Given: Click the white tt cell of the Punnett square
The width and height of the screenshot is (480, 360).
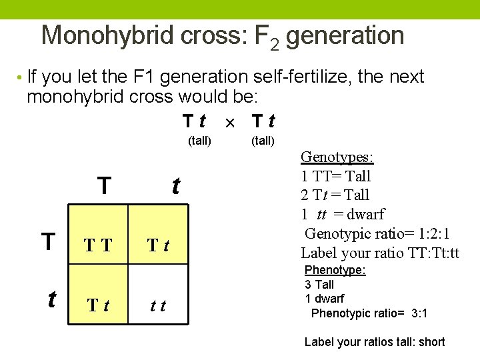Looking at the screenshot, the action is pos(159,306).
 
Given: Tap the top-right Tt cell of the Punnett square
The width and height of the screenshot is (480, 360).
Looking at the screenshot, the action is pos(159,246).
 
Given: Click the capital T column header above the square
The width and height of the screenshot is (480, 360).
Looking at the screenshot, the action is pos(104,185).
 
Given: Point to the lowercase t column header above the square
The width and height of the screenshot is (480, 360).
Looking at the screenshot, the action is pos(175,185).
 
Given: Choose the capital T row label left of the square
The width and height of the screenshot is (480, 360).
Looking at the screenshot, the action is pos(48,241).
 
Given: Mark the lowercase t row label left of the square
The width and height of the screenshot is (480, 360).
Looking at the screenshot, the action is pos(51,299).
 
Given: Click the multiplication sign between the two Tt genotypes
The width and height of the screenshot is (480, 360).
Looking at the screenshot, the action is pos(229,123).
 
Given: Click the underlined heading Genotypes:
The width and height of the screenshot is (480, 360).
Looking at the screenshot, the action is pos(337,157).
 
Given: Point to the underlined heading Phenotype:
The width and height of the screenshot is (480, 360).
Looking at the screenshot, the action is pos(335,270).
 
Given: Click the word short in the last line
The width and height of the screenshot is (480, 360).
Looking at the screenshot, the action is pos(431,342).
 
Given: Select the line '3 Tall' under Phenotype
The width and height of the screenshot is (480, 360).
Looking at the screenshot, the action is pos(319,285).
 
